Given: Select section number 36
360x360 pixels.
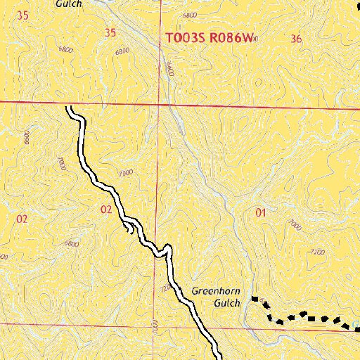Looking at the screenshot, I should point(295,39).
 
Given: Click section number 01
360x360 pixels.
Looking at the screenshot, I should point(262,212).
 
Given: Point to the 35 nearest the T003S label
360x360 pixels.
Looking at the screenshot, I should point(109,32).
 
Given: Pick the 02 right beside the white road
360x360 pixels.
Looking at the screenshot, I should point(106,209).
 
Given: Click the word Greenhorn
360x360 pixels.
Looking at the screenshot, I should point(216,290).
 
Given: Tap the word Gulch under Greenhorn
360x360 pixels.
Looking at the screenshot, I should point(227,304).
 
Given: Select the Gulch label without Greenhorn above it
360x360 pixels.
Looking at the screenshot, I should point(68,4).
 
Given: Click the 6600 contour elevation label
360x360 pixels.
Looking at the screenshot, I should point(169,68).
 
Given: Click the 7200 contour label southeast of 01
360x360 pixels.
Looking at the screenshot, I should point(317,251).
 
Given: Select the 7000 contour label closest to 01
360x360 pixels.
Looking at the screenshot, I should point(294,224).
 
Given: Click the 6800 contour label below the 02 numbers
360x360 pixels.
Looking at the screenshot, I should point(71,243).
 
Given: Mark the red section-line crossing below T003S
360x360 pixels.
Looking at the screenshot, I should point(160,105).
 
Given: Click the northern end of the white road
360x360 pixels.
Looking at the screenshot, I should point(70,108).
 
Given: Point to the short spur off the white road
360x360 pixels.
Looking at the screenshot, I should point(128,226).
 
